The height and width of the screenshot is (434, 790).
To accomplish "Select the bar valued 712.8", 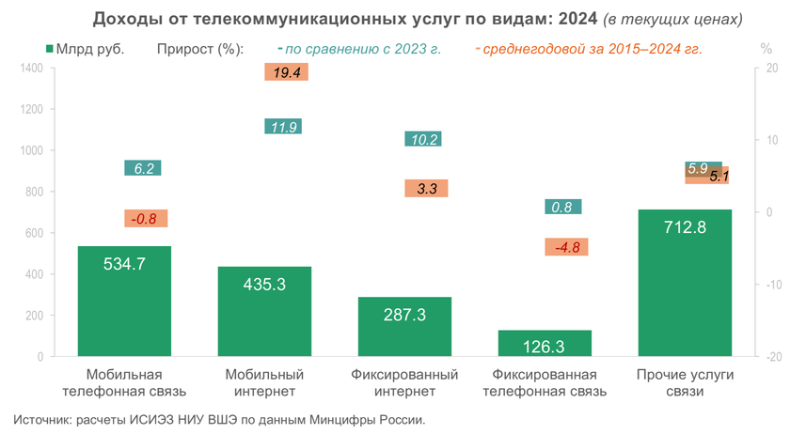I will point(684,283).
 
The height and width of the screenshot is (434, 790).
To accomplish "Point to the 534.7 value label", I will point(124,264).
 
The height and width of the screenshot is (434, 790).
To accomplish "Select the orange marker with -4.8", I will point(567,247).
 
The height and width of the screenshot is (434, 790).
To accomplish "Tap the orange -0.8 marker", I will point(146,219).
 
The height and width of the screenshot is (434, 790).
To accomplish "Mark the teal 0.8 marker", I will point(562,207).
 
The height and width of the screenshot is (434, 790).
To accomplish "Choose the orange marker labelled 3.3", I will point(426,188).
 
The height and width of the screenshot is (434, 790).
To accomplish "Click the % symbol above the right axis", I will point(764,48).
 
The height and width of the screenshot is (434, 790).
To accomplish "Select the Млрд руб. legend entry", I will point(90,48).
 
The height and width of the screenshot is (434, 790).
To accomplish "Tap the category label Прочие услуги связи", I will point(684,382).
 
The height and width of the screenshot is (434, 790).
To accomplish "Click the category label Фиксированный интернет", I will point(404,382).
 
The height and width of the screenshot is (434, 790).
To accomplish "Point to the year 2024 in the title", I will point(575,19).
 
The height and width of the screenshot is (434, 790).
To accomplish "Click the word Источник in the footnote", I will point(45,418).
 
